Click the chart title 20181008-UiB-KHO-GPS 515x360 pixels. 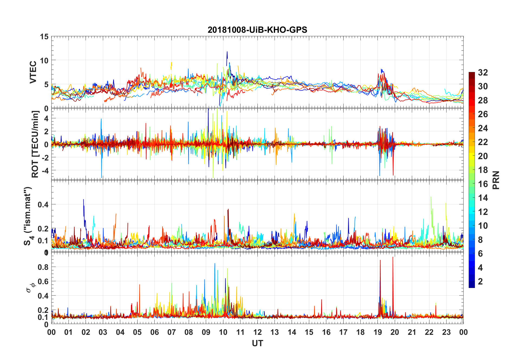(x=257, y=30)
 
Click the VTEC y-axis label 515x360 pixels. (x=33, y=72)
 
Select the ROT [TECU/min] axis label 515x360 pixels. (x=35, y=144)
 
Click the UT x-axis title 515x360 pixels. (x=257, y=343)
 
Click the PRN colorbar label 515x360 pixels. (x=496, y=180)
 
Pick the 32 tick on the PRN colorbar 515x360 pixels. (x=483, y=73)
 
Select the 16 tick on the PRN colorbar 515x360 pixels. (x=483, y=184)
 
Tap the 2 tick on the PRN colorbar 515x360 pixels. (x=480, y=282)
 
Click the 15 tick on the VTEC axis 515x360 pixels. (x=44, y=37)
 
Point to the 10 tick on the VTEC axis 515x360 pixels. (x=44, y=60)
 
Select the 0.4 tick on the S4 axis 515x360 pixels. (x=43, y=204)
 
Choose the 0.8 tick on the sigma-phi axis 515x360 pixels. (x=43, y=267)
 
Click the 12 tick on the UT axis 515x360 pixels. (x=257, y=332)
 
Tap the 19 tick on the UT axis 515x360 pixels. (x=378, y=332)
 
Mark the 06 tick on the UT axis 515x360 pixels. (x=154, y=332)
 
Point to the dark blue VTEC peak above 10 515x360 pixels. (x=227, y=53)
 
